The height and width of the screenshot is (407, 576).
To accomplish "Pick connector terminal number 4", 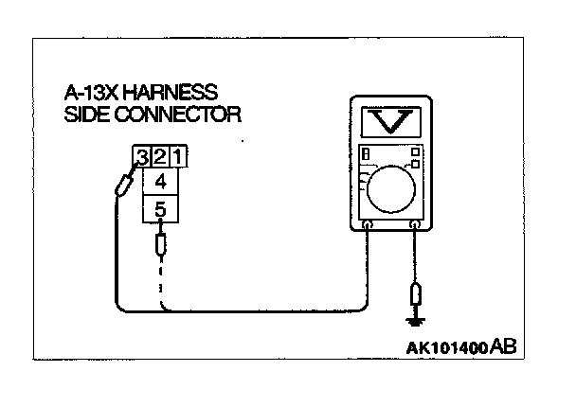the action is (160, 181).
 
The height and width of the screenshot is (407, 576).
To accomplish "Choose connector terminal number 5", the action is (160, 208).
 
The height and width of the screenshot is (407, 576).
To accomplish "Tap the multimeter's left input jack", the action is (368, 225).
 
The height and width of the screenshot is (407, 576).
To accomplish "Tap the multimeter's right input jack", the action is (415, 225).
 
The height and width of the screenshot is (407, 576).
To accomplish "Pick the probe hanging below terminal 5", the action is (160, 247).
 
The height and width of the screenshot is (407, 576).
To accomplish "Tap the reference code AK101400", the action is (445, 347).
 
